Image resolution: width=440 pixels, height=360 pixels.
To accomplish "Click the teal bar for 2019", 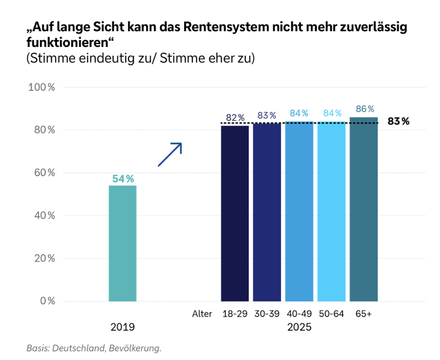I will point(123,243).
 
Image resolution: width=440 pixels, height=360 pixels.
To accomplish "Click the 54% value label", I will point(123,179).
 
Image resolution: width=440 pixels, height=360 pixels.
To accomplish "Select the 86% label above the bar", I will point(364,109).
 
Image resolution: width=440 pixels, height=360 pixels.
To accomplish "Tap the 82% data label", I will point(235,117).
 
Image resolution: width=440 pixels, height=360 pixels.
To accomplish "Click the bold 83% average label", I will point(398,122).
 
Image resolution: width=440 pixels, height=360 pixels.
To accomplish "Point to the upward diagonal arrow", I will point(170,154).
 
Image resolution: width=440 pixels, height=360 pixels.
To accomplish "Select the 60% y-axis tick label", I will point(44,173).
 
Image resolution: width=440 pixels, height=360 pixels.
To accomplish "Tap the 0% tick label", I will point(47,301).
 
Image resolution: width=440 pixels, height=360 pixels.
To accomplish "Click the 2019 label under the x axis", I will point(123,327).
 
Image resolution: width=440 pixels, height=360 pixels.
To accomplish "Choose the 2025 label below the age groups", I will point(299,327).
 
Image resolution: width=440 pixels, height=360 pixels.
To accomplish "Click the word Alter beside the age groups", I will point(202,314).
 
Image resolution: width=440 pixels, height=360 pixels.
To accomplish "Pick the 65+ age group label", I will point(364,314).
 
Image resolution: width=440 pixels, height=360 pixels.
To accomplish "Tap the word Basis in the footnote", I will point(38,348).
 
